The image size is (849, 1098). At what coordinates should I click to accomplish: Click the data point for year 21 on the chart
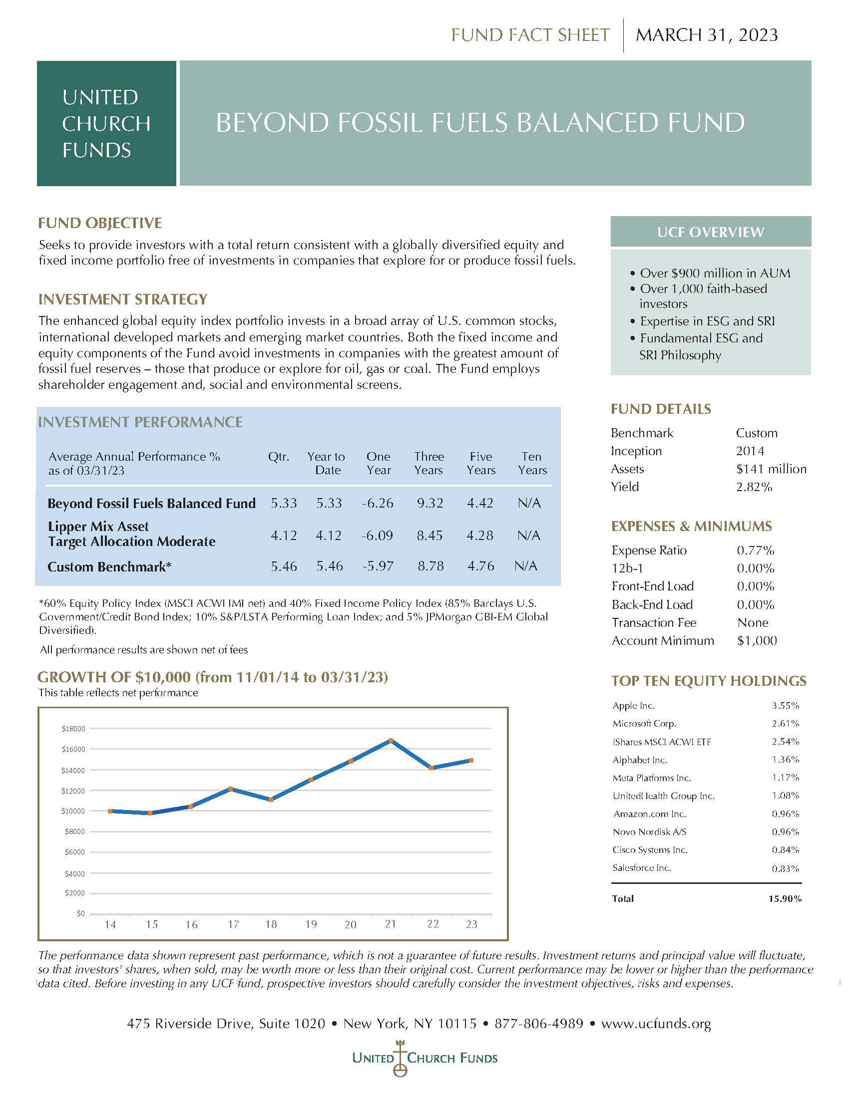tap(391, 741)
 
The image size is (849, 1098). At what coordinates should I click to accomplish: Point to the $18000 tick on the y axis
tap(73, 729)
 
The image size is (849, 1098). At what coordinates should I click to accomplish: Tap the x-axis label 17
tap(233, 924)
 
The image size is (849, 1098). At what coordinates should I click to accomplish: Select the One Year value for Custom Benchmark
tap(378, 566)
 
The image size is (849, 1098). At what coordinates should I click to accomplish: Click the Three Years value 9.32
tap(429, 503)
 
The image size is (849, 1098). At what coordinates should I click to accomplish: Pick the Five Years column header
tap(481, 463)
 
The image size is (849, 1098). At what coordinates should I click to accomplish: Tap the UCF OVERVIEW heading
tap(710, 232)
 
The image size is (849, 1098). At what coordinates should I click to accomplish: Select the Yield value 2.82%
tap(754, 487)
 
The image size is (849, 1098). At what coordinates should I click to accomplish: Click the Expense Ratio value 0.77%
tap(755, 550)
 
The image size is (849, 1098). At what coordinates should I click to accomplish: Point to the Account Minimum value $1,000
tap(757, 640)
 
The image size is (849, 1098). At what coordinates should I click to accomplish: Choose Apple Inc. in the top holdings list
tap(633, 705)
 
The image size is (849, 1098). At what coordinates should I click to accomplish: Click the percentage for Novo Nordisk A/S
tap(785, 831)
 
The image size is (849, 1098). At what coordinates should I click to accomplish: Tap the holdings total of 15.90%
tap(785, 898)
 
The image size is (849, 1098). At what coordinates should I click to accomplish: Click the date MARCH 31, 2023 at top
tap(707, 35)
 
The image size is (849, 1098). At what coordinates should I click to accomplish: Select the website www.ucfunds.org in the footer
tap(656, 1024)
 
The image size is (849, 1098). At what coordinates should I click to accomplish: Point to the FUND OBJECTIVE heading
tap(99, 223)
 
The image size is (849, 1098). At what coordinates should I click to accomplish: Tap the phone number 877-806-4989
tap(539, 1024)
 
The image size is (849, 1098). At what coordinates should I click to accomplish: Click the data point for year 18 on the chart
tap(271, 800)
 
